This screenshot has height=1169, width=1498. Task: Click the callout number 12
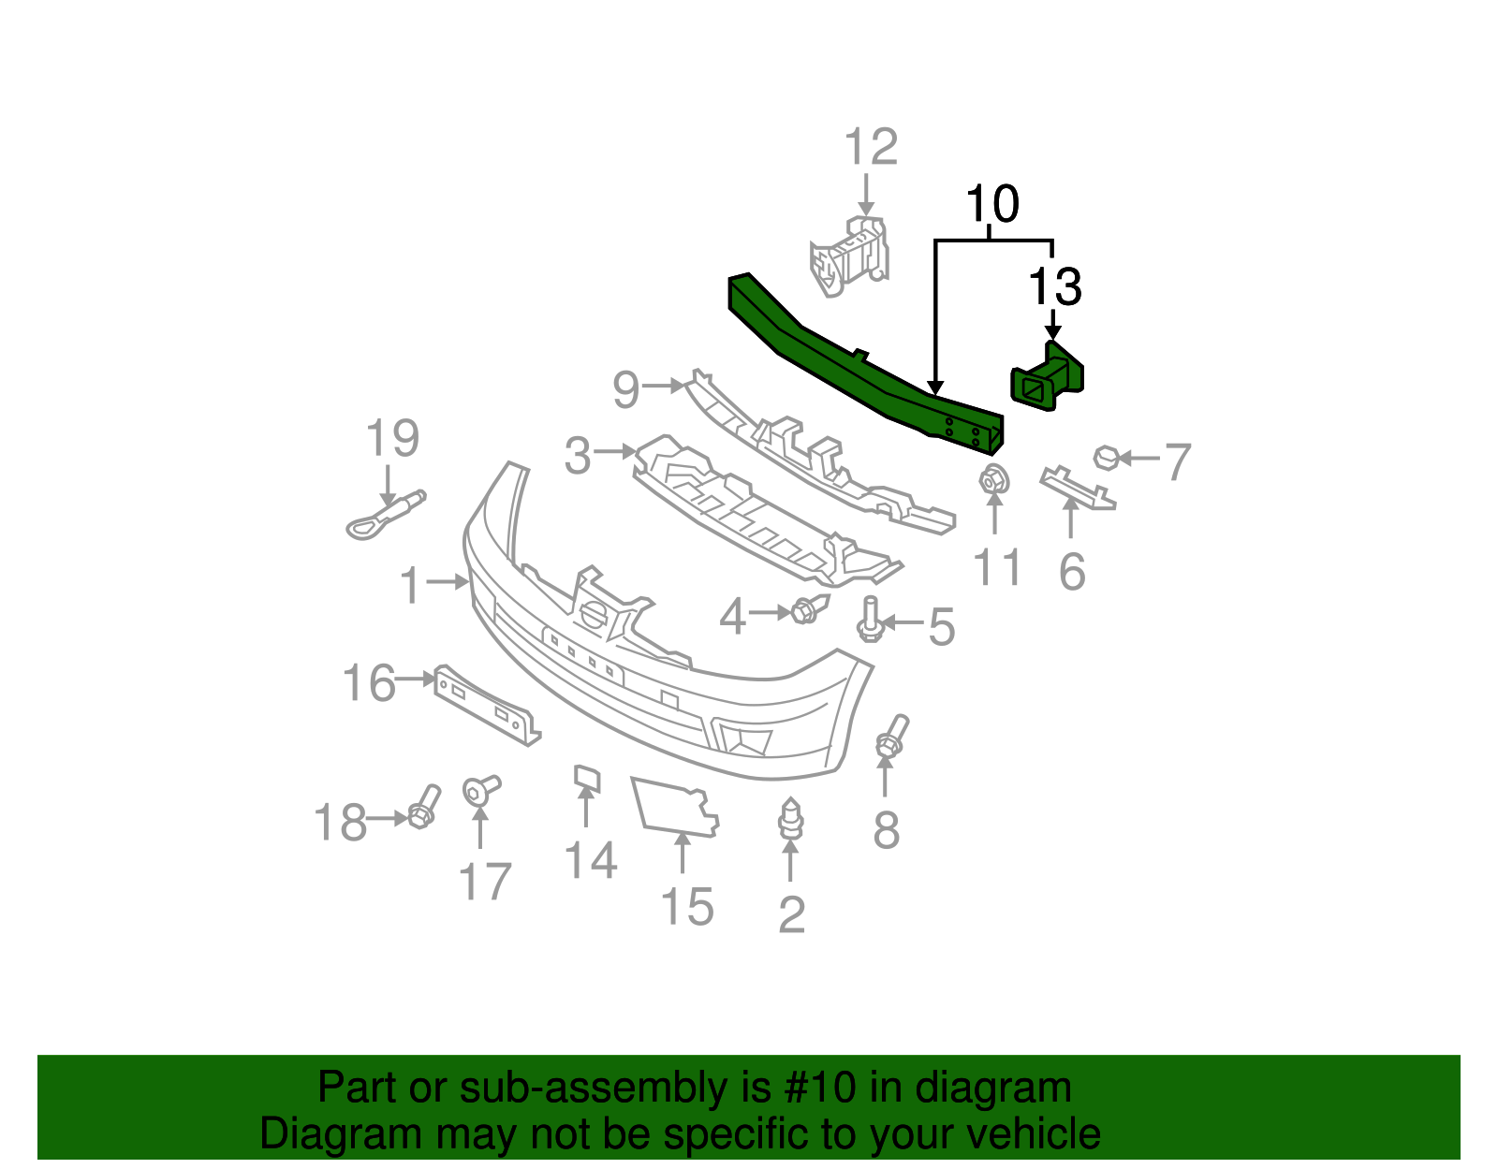(x=870, y=148)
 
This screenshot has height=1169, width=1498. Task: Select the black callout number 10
(x=991, y=204)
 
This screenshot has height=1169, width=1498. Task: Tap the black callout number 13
(x=1054, y=287)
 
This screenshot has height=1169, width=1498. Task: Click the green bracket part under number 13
(x=1046, y=379)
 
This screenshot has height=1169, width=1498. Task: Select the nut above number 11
(x=993, y=480)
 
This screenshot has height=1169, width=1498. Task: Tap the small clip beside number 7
(x=1106, y=458)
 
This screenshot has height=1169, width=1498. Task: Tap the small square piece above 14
(x=587, y=778)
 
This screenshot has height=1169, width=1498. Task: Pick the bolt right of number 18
(x=424, y=808)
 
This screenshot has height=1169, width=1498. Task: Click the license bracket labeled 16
(x=487, y=703)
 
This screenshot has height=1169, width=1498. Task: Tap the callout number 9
(x=625, y=387)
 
